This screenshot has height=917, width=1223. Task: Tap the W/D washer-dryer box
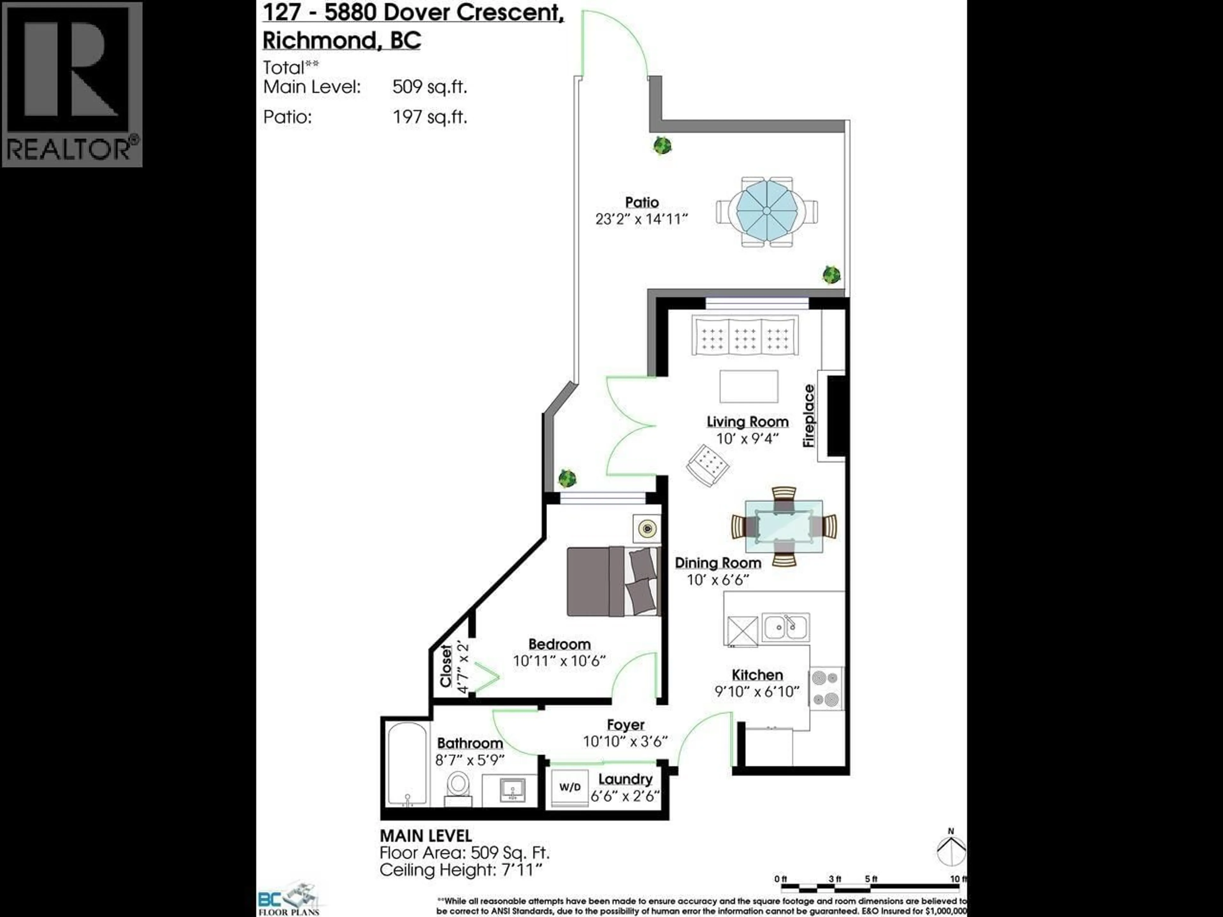coord(569,787)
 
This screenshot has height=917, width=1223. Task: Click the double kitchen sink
coord(786,627)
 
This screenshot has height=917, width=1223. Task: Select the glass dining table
coord(783,527)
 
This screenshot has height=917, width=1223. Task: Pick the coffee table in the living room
coord(749,386)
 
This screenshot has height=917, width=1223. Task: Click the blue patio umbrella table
coord(767,211)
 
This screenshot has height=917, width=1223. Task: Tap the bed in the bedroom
coord(614,581)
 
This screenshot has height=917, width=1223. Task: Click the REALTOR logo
coord(72,84)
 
